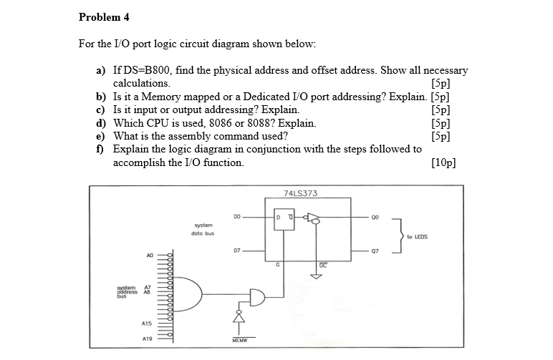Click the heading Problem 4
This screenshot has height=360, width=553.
tap(104, 16)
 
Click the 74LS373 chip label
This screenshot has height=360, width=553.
tap(301, 193)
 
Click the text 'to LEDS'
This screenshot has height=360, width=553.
tap(417, 235)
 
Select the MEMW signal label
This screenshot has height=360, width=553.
tap(239, 341)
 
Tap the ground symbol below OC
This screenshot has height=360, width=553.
tap(322, 274)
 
